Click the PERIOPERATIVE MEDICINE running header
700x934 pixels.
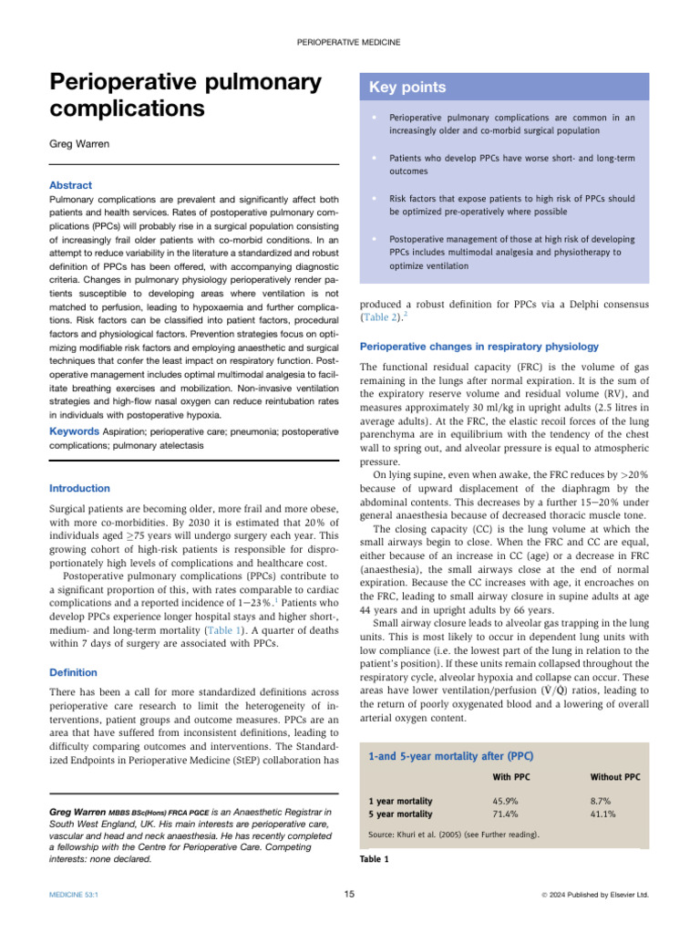click(x=350, y=43)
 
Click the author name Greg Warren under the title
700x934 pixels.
click(x=81, y=143)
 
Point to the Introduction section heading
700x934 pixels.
click(x=78, y=488)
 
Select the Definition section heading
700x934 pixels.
click(x=74, y=672)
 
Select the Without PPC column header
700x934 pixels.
click(x=615, y=777)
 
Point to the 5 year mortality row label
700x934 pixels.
click(x=400, y=815)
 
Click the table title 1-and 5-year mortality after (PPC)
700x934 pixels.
click(x=451, y=756)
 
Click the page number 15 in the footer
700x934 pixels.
click(x=350, y=895)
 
